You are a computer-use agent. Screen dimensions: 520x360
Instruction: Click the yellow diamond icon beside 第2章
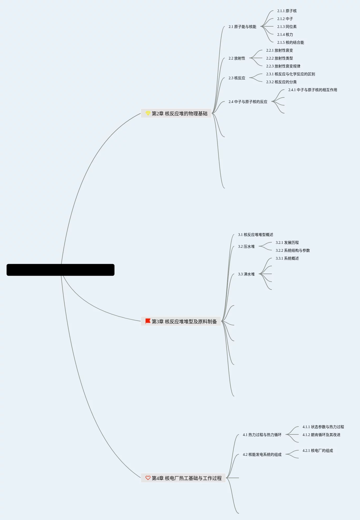[x=148, y=113]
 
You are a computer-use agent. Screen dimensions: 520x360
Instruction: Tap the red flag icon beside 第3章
[x=148, y=321]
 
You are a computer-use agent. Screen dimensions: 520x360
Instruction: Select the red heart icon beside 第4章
[x=148, y=478]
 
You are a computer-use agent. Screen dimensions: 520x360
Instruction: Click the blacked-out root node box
[x=61, y=270]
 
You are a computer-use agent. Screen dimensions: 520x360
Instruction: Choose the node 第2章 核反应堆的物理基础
[x=179, y=113]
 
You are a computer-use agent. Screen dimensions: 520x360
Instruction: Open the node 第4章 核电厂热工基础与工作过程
[x=187, y=478]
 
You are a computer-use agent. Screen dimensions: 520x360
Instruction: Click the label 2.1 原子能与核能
[x=242, y=27]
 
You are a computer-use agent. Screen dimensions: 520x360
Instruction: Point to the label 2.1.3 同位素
[x=287, y=27]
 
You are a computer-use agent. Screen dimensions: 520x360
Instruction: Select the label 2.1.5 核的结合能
[x=291, y=42]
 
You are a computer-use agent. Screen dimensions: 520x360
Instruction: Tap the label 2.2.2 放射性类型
[x=279, y=58]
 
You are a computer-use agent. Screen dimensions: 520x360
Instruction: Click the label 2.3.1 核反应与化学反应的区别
[x=291, y=74]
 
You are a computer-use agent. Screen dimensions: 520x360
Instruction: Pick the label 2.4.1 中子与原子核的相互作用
[x=313, y=90]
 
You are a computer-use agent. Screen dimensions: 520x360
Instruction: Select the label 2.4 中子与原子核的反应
[x=248, y=102]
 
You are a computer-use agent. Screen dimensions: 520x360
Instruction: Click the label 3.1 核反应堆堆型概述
[x=256, y=235]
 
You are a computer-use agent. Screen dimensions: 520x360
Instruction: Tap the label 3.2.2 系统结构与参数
[x=293, y=250]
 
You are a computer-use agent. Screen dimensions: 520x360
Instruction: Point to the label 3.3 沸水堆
[x=246, y=274]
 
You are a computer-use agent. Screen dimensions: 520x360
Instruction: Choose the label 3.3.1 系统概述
[x=287, y=258]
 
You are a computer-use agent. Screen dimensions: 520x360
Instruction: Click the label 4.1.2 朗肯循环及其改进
[x=321, y=435]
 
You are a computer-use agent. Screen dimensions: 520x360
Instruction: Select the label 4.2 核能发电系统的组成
[x=262, y=454]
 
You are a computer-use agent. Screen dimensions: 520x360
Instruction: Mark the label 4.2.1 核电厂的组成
[x=318, y=450]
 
